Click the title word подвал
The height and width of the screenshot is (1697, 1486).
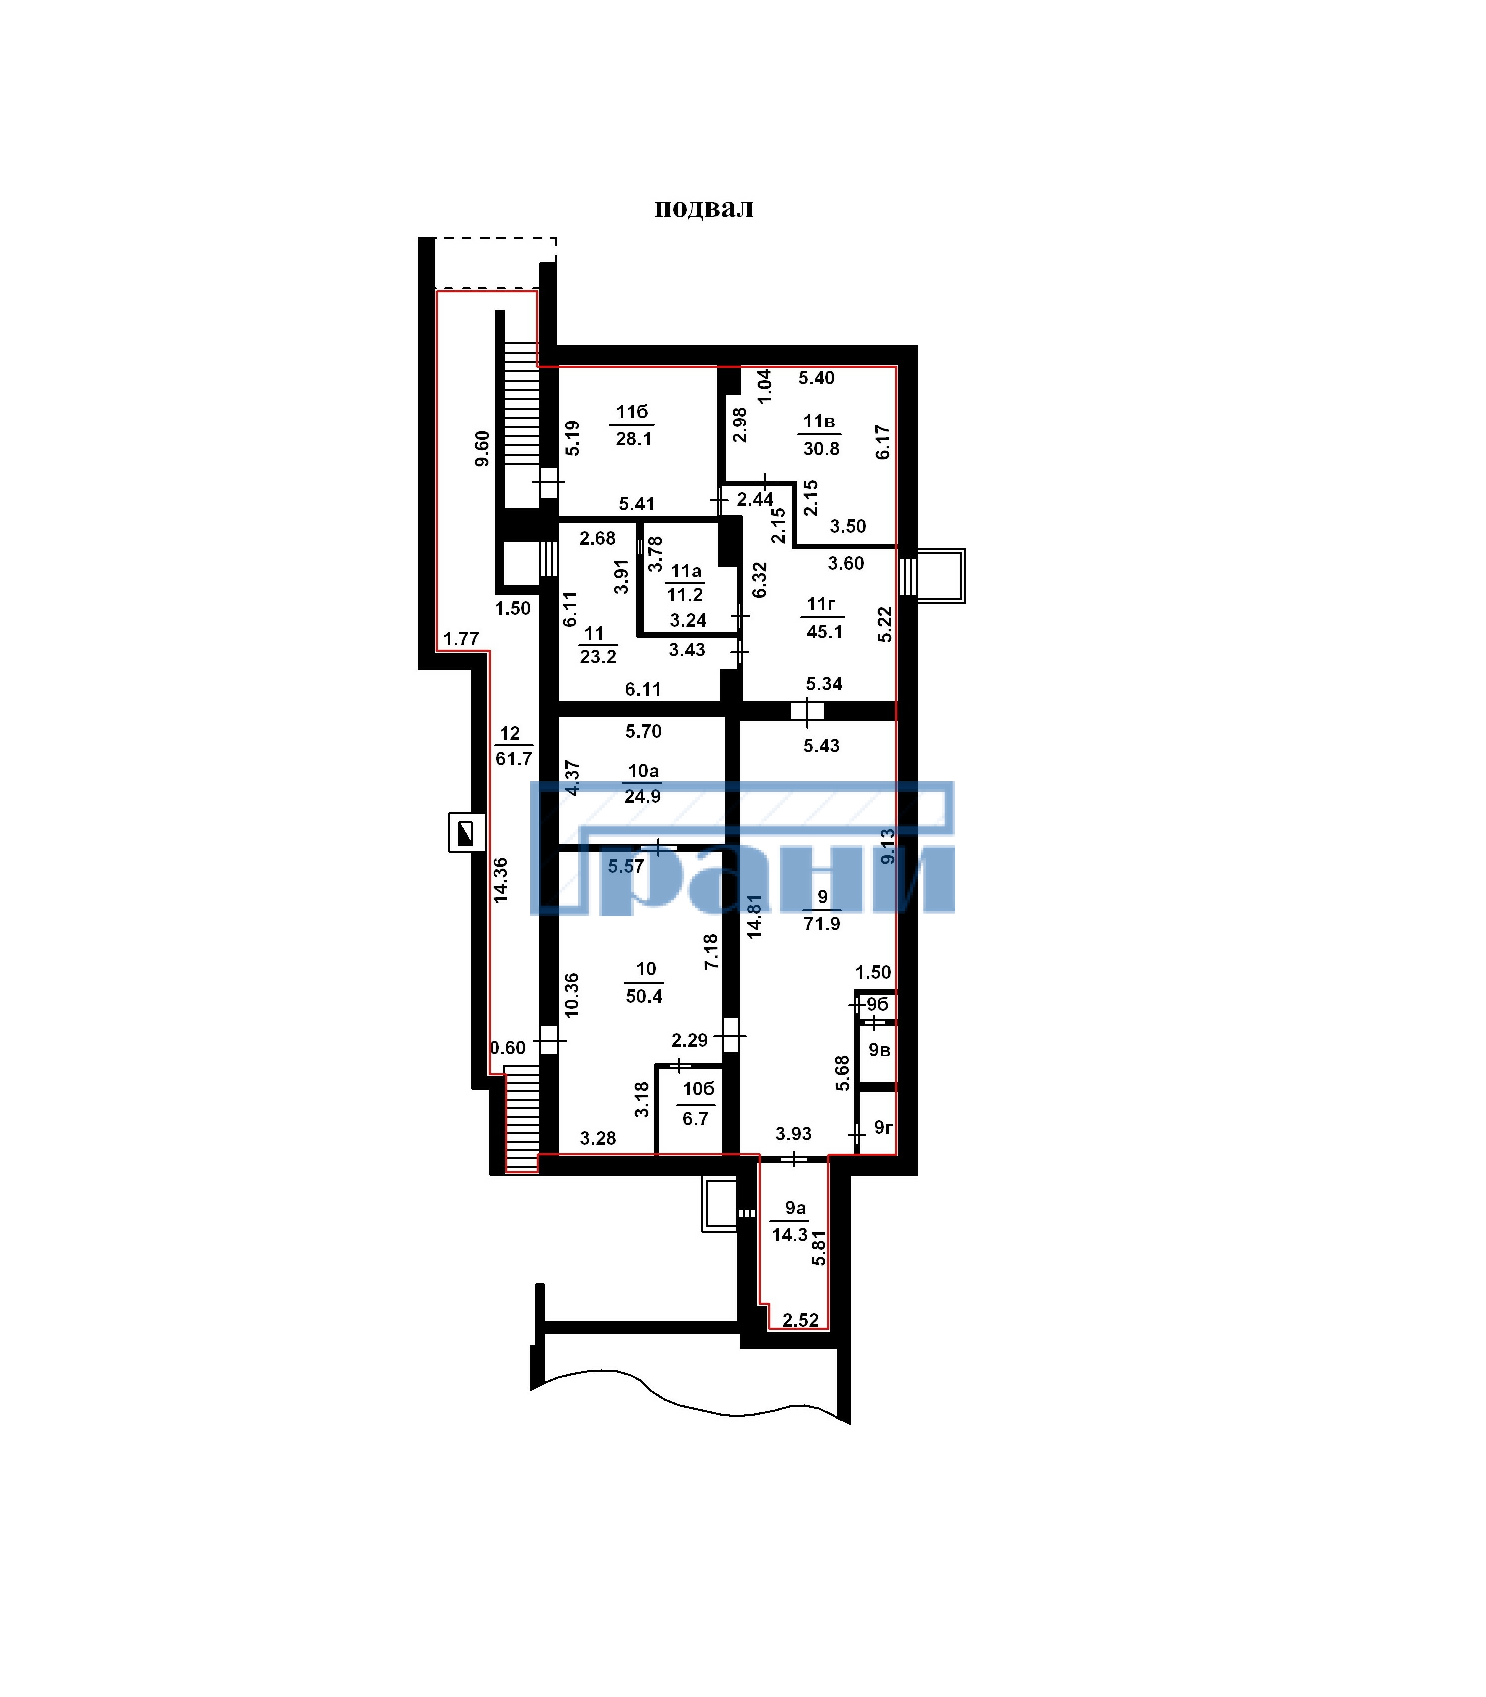(x=704, y=208)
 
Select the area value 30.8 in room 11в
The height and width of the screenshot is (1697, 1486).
(x=821, y=449)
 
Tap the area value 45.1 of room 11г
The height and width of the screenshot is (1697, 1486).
(x=824, y=632)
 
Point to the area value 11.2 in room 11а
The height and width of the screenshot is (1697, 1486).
(x=685, y=595)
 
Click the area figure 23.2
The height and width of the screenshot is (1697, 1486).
(x=598, y=657)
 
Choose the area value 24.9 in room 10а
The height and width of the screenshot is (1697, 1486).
(x=643, y=797)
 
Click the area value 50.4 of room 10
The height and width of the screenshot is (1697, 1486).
(x=644, y=996)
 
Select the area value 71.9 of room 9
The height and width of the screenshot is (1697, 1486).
(x=822, y=923)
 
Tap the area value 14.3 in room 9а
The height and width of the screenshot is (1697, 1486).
(x=789, y=1235)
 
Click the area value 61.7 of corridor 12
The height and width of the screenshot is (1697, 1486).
(x=514, y=759)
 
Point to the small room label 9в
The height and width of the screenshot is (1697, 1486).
(x=879, y=1050)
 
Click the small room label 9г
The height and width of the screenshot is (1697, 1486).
(x=882, y=1128)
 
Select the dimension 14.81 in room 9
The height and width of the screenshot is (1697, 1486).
(x=754, y=917)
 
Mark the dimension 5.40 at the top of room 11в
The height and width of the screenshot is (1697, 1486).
(x=816, y=378)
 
